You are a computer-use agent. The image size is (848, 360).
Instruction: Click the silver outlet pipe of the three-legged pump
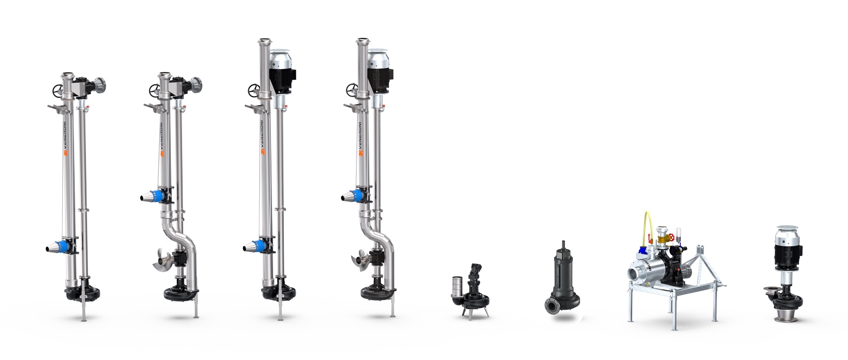pos(457,286)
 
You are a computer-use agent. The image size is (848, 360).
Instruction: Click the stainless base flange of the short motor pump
pos(786,317)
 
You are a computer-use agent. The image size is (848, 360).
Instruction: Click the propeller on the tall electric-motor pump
pos(360,261)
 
